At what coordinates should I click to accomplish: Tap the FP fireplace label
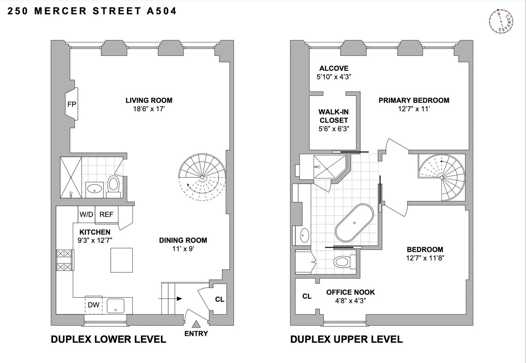tap(71, 105)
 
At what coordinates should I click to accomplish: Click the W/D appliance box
tap(86, 214)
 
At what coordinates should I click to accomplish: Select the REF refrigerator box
tap(106, 214)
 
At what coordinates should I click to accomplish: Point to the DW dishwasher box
tap(94, 305)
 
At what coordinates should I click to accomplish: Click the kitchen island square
tap(122, 260)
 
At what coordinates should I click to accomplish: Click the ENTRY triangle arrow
tap(196, 324)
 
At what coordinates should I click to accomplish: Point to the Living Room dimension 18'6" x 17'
tap(149, 109)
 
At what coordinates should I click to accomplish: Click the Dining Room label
tap(183, 240)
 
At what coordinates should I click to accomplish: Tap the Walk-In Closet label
tap(334, 116)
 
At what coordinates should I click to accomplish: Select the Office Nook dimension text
tap(350, 301)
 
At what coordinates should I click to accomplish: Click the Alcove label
tap(334, 68)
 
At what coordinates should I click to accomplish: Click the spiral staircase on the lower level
tap(202, 178)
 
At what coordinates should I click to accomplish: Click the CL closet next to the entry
tap(219, 299)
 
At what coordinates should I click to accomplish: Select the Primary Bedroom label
tap(414, 100)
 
